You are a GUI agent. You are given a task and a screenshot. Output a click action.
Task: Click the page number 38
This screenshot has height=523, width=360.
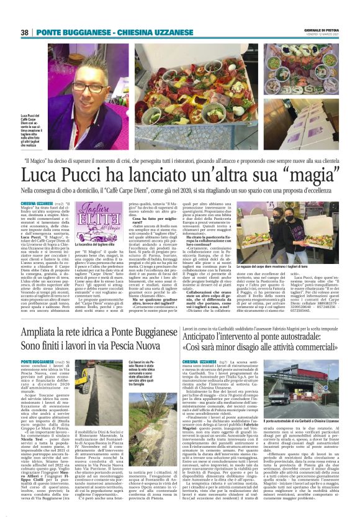(25, 32)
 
